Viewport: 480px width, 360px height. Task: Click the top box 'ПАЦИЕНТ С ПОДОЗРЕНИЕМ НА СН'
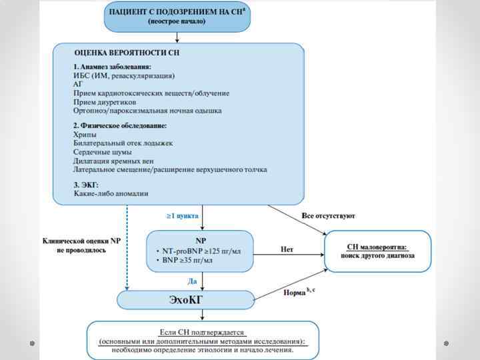pos(177,17)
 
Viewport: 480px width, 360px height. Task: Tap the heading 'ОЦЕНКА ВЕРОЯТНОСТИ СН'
pos(127,52)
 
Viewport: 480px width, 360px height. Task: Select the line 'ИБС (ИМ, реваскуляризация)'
pos(124,75)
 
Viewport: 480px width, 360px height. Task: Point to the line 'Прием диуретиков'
pos(105,102)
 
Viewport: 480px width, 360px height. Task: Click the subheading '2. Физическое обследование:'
pos(120,125)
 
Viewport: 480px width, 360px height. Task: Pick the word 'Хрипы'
pos(85,135)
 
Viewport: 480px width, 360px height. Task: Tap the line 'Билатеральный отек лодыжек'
pos(123,143)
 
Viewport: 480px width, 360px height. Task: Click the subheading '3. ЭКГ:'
pos(86,184)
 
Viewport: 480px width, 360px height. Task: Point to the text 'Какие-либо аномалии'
pos(111,193)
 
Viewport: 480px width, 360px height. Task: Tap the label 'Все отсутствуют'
pos(328,216)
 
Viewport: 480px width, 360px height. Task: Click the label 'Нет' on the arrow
pos(287,249)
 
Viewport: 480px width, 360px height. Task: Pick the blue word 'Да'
pos(192,281)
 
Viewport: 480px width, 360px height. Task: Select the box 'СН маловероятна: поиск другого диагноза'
pos(377,251)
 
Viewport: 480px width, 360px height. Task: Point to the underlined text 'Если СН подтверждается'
pos(203,331)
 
